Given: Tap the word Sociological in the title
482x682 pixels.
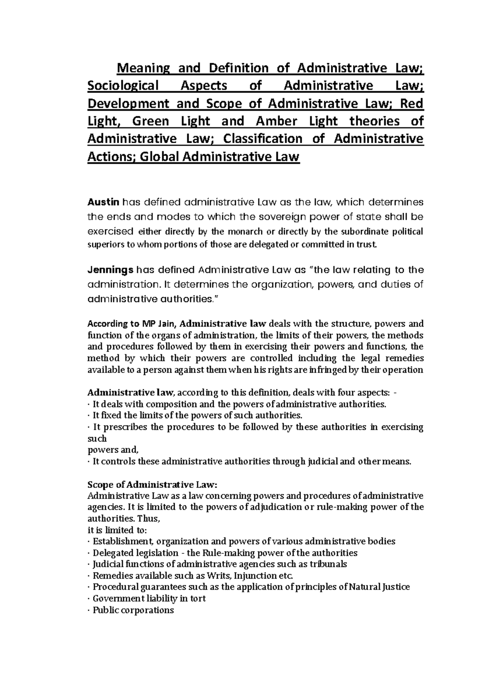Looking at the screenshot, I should pos(123,86).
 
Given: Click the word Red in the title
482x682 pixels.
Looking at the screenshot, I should pos(413,103).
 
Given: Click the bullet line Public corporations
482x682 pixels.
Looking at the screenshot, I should pos(133,610).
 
